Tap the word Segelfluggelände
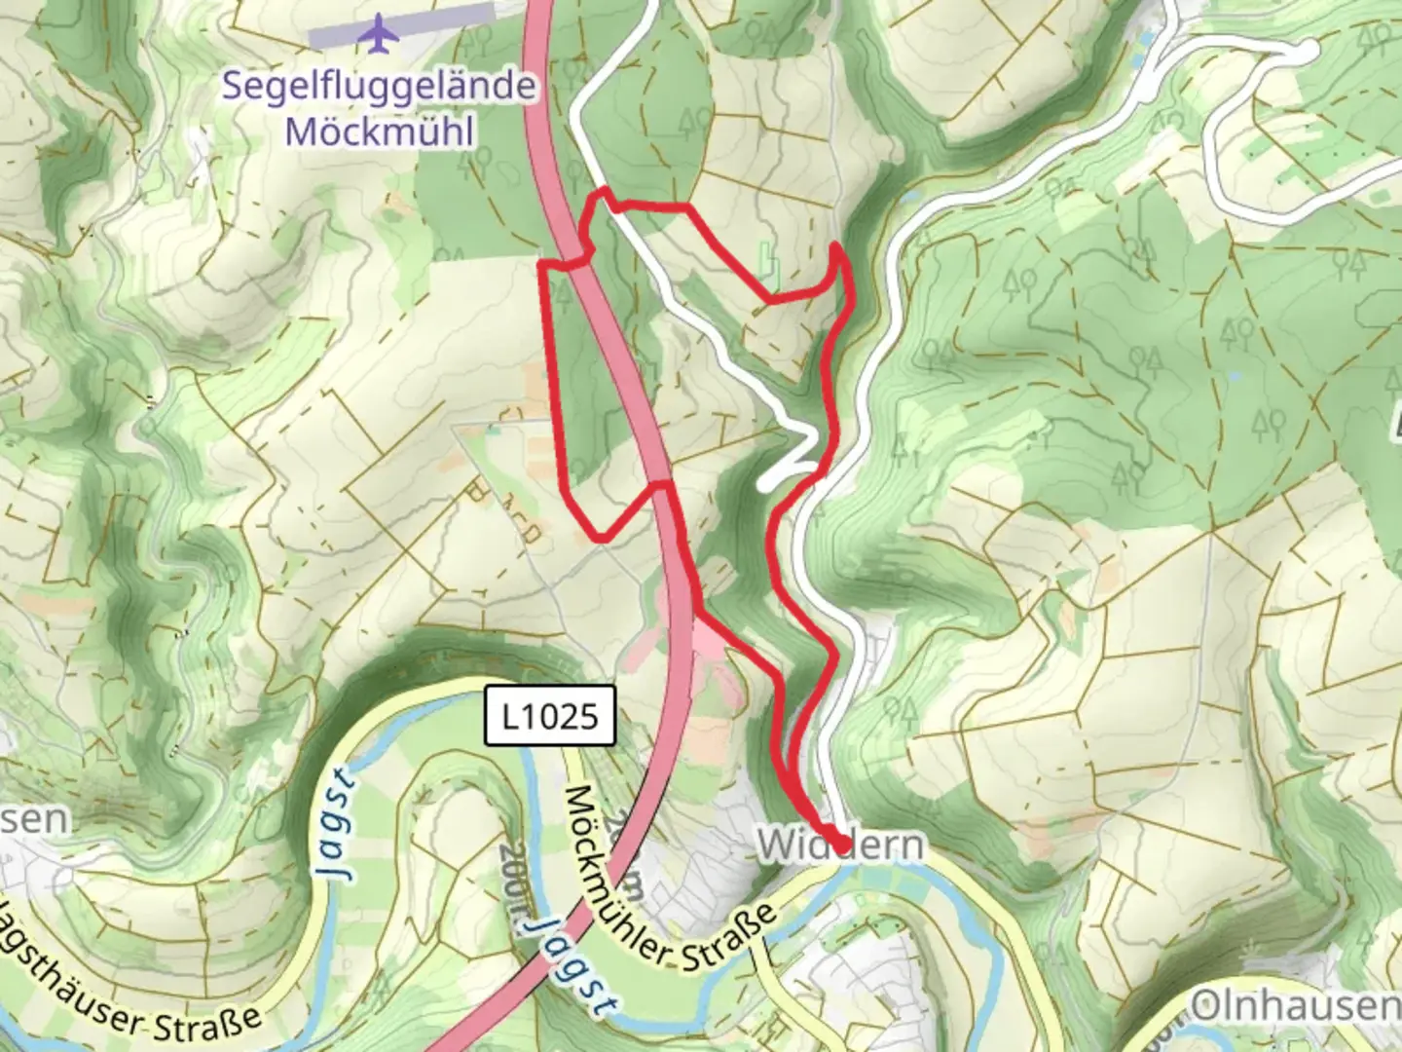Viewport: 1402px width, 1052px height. pyautogui.click(x=379, y=86)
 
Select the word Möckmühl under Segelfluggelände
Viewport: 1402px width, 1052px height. pyautogui.click(x=380, y=131)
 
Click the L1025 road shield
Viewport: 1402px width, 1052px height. pyautogui.click(x=553, y=717)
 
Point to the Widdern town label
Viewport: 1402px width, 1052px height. pyautogui.click(x=839, y=844)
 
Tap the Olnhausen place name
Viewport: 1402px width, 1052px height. pyautogui.click(x=1295, y=1007)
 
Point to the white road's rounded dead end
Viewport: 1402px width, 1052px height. pyautogui.click(x=1307, y=51)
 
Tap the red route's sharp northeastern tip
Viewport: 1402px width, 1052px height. pyautogui.click(x=835, y=248)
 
